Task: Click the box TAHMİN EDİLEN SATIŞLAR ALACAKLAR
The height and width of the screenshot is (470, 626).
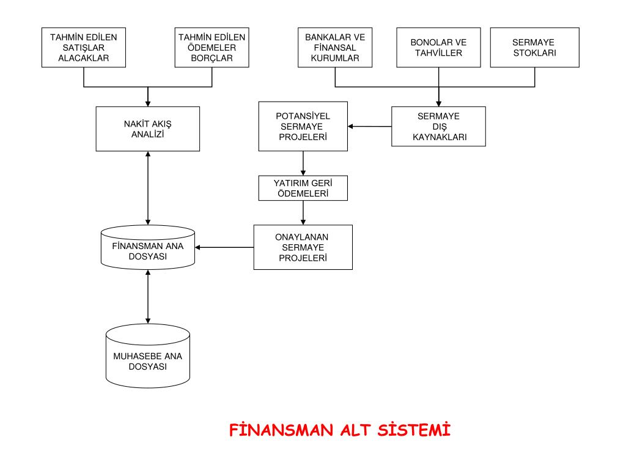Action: pos(83,47)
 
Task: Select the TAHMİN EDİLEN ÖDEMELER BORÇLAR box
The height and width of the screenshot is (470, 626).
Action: pos(212,47)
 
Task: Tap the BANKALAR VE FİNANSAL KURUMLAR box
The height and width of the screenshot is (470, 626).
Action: pos(335,47)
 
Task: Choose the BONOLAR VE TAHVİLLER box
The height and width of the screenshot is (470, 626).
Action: pos(438,47)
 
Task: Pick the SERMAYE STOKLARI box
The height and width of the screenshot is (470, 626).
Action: pos(534,47)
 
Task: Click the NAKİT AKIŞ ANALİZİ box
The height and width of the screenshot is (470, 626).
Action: pos(148,129)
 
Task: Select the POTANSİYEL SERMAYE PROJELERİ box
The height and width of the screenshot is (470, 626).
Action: pos(303,127)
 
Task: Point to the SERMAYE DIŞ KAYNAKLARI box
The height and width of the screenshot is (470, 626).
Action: pos(438,127)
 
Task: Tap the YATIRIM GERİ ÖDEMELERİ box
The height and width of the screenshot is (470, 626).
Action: pos(303,188)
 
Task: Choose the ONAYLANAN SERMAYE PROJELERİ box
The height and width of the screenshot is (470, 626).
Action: pos(303,247)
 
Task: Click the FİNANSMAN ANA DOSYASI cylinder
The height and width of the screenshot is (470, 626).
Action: pos(148,248)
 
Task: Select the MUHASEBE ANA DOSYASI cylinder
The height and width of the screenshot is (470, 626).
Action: pos(148,358)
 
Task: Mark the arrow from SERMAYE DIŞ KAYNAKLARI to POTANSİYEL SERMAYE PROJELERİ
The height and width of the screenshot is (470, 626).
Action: pos(370,127)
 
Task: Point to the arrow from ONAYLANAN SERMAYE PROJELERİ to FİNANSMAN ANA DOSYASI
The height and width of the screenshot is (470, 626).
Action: pos(224,247)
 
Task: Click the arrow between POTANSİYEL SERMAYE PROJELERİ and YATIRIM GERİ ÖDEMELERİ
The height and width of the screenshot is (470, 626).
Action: pos(303,163)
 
